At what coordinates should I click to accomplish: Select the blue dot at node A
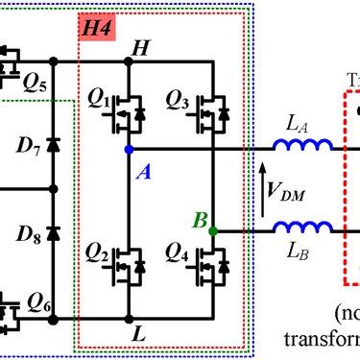click(129, 150)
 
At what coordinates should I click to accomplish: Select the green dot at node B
click(213, 230)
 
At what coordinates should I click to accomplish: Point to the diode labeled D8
click(53, 233)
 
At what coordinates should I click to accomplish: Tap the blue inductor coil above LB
click(303, 228)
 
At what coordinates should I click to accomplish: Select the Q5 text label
click(36, 80)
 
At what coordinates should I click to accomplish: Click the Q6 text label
click(38, 300)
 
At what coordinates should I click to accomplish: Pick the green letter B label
click(199, 220)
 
